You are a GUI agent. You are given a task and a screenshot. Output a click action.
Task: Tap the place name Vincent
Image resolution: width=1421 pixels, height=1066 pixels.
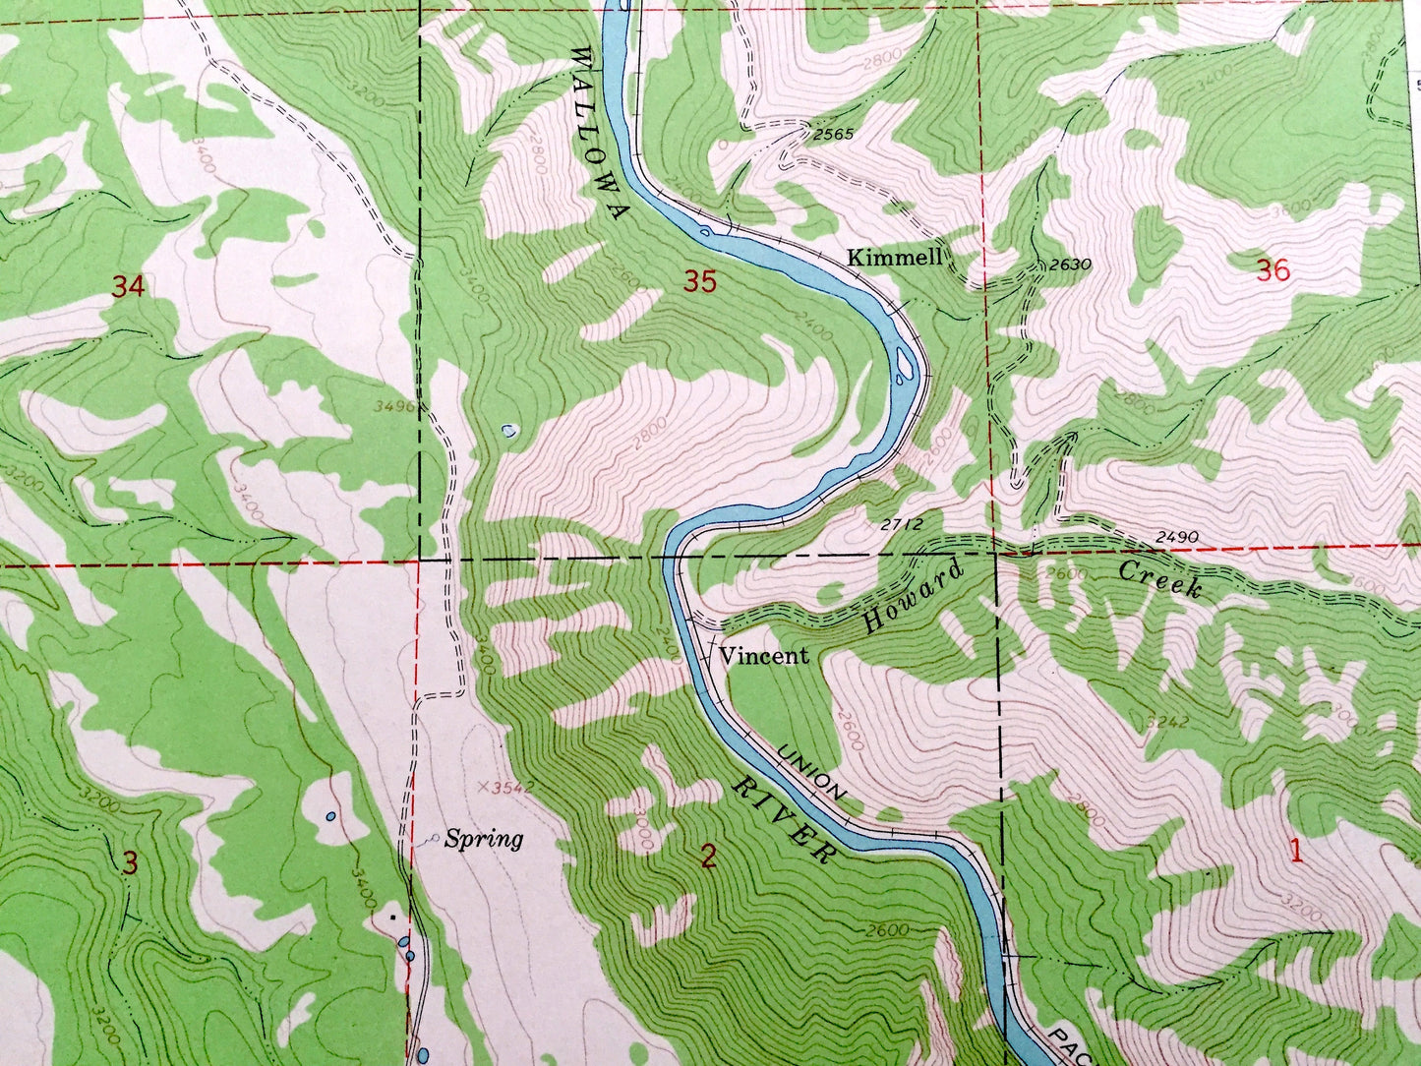764,656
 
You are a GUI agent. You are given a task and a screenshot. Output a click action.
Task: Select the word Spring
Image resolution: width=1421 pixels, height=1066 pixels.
483,840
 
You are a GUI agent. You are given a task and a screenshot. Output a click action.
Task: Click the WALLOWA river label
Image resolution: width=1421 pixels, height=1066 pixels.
598,137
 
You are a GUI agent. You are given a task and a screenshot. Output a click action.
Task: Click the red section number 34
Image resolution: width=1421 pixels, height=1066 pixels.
128,287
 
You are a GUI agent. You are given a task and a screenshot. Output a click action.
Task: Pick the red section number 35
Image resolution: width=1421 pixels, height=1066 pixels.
699,282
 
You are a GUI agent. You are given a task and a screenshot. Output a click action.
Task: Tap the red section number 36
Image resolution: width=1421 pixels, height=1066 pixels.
1273,270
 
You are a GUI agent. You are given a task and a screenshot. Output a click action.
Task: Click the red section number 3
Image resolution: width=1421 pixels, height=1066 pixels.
130,863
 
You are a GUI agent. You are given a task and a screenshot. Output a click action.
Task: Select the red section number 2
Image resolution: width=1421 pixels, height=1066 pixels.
708,858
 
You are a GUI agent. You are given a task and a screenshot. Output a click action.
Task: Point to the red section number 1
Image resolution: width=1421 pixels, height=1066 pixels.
1296,852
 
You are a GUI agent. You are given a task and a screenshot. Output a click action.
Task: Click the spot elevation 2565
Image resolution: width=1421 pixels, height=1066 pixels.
833,135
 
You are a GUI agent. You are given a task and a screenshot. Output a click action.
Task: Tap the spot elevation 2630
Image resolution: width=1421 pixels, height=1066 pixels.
1070,264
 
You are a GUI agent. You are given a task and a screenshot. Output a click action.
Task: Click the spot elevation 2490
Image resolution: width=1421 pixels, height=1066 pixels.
1176,536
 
